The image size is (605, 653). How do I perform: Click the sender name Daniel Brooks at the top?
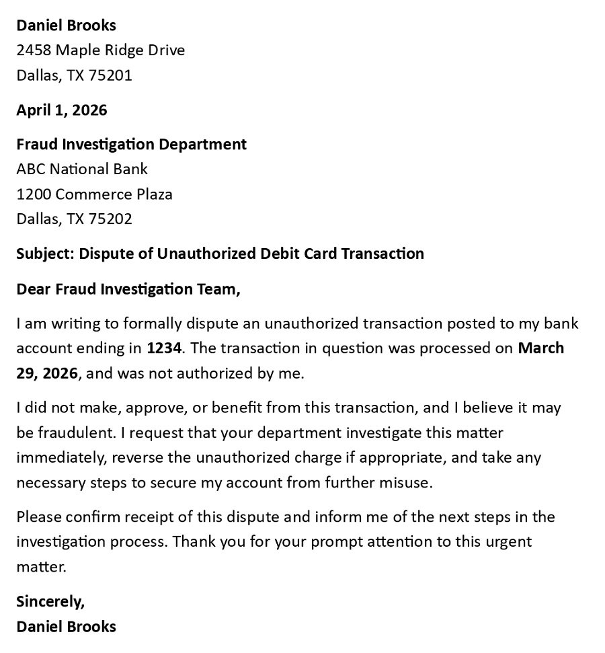pos(66,26)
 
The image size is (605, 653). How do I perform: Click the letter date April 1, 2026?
pos(61,110)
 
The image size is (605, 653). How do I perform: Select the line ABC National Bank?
pos(82,169)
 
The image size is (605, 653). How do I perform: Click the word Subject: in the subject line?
pos(45,254)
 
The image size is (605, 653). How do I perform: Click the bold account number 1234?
pos(164,348)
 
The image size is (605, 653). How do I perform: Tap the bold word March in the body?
pos(541,348)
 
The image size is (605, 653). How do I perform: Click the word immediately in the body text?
pos(61,458)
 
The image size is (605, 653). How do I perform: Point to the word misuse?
pos(408,483)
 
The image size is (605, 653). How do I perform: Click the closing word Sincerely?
pos(50,601)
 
